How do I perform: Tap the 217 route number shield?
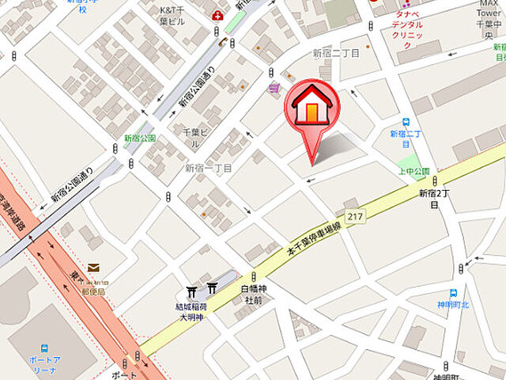click(355, 215)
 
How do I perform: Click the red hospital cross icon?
click(218, 15)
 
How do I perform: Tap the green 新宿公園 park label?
click(140, 138)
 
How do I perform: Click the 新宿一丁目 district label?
click(209, 168)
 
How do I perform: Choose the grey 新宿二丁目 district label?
click(337, 53)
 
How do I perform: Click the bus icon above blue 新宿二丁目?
click(406, 123)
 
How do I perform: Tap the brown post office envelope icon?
click(94, 268)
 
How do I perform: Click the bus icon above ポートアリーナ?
click(46, 347)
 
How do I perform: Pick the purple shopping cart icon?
click(274, 89)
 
